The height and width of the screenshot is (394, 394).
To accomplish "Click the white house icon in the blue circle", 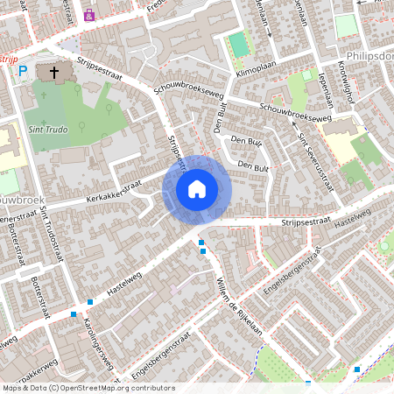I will pyautogui.click(x=197, y=188).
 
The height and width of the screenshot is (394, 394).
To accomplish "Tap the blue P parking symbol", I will pyautogui.click(x=23, y=72).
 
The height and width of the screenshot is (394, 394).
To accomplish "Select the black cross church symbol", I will pyautogui.click(x=54, y=73).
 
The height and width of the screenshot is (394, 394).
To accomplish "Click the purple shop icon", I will pyautogui.click(x=88, y=14).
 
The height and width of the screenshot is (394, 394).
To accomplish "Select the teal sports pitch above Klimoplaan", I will pyautogui.click(x=238, y=44).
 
